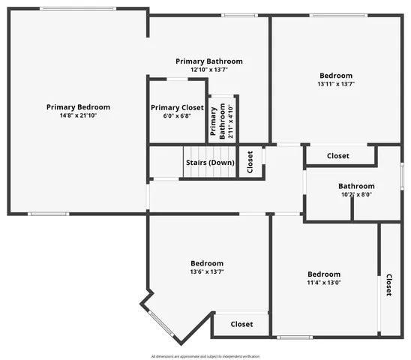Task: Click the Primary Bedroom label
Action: (x=78, y=107)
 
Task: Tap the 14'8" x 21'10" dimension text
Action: (x=78, y=115)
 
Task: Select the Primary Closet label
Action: (x=177, y=108)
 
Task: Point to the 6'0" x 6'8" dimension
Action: (x=177, y=116)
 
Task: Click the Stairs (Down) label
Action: (x=209, y=163)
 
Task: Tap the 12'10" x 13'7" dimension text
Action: (x=209, y=69)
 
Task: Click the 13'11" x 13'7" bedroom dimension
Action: (x=336, y=84)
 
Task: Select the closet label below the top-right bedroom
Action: (x=338, y=156)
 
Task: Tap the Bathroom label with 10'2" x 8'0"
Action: (x=356, y=186)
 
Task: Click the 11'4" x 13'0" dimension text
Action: (x=323, y=283)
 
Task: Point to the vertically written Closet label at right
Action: (x=389, y=285)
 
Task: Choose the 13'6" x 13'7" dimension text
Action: (x=206, y=271)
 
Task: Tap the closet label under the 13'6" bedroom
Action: (x=241, y=325)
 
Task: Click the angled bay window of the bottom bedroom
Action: (x=160, y=323)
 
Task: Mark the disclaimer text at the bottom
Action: (x=205, y=356)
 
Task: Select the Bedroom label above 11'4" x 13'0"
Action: (x=324, y=274)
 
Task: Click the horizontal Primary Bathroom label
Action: (x=209, y=61)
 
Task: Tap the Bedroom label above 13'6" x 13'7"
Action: (x=206, y=263)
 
